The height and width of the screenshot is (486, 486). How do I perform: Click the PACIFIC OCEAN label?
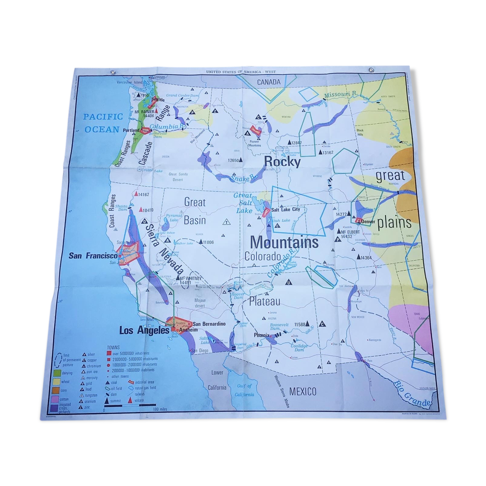[x=101, y=123]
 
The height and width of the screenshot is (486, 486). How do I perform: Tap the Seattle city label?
[x=158, y=99]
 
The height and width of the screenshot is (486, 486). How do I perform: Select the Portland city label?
[x=131, y=130]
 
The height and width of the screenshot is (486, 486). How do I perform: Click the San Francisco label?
[x=93, y=256]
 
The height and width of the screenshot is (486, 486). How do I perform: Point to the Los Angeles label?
[x=144, y=331]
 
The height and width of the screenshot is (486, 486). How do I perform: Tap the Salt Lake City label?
[x=285, y=209]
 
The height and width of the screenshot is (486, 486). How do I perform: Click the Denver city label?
[x=368, y=221]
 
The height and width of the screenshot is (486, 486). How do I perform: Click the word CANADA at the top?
[x=269, y=82]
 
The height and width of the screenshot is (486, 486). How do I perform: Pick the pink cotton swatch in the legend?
[x=55, y=399]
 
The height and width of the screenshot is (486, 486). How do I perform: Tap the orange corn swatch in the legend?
[x=55, y=390]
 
